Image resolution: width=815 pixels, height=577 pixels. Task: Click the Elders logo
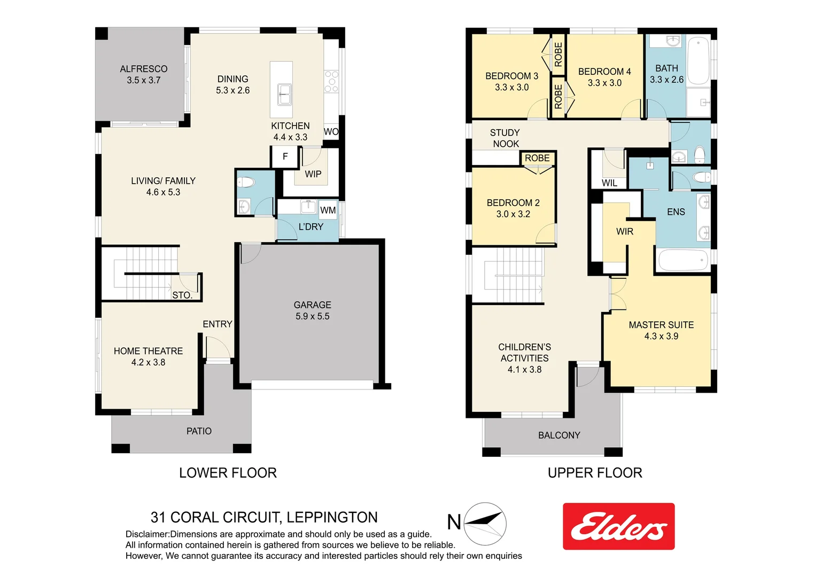pyautogui.click(x=618, y=526)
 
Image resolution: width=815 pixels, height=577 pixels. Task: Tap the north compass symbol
pyautogui.click(x=484, y=523)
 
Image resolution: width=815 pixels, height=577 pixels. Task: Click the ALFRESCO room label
pyautogui.click(x=143, y=74)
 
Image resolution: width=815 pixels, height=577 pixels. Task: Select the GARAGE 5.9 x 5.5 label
pyautogui.click(x=312, y=310)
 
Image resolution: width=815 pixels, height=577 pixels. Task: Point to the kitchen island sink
pyautogui.click(x=284, y=95)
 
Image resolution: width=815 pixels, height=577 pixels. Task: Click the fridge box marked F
pyautogui.click(x=285, y=157)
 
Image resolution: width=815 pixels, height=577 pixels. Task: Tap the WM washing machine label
pyautogui.click(x=328, y=210)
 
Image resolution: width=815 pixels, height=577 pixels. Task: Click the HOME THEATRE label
pyautogui.click(x=148, y=356)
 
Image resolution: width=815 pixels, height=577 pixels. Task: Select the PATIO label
pyautogui.click(x=199, y=431)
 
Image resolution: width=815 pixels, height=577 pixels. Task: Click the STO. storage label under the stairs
pyautogui.click(x=182, y=295)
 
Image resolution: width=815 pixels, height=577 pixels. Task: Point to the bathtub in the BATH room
pyautogui.click(x=698, y=60)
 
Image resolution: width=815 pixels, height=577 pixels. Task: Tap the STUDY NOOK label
pyautogui.click(x=505, y=138)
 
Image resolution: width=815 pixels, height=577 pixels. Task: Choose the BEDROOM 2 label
pyautogui.click(x=513, y=208)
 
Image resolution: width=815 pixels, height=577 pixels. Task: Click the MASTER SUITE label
pyautogui.click(x=661, y=330)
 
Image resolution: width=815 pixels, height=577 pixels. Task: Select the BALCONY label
pyautogui.click(x=559, y=435)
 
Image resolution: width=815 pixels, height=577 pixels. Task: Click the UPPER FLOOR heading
pyautogui.click(x=595, y=473)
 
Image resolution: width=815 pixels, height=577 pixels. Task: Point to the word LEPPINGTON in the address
pyautogui.click(x=332, y=517)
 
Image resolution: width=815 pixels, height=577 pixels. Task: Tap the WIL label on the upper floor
pyautogui.click(x=609, y=183)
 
